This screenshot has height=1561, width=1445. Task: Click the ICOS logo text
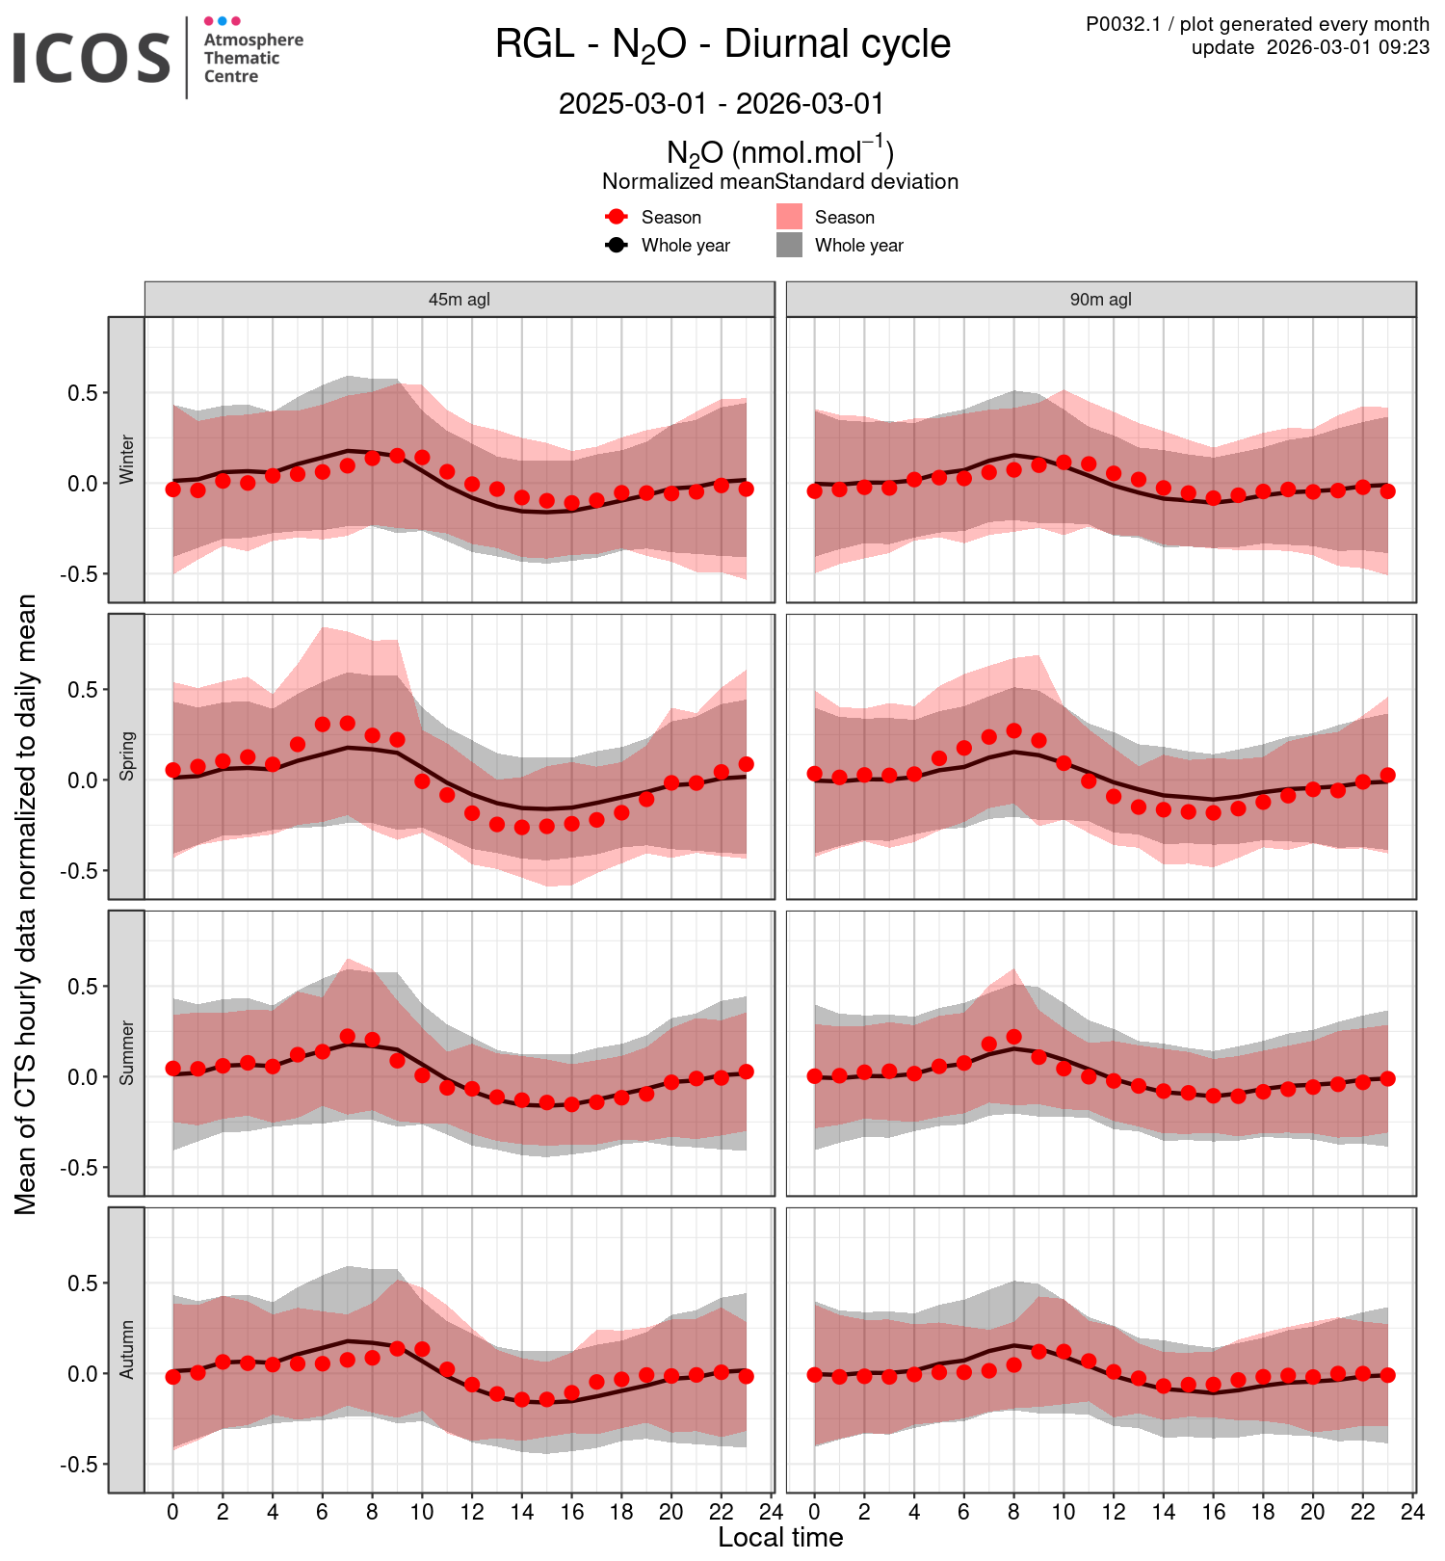click(x=92, y=58)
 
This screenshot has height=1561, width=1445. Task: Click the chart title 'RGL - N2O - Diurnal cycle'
click(x=722, y=44)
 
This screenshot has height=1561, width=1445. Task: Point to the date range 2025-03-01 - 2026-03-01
click(x=722, y=103)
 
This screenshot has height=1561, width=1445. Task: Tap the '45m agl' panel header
click(x=460, y=300)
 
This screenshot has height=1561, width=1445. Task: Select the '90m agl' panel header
click(x=1101, y=300)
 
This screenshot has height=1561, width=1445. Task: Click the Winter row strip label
click(x=127, y=460)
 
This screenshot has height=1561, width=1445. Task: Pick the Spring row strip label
click(x=127, y=756)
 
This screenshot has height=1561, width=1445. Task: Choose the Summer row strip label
click(x=127, y=1053)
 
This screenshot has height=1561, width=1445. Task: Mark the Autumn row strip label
click(x=127, y=1350)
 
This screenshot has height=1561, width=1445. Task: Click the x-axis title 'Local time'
click(x=780, y=1537)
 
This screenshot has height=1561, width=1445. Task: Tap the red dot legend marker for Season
click(x=617, y=217)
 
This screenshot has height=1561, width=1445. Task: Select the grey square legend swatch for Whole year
click(x=790, y=245)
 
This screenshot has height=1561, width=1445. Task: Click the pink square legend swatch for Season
click(x=790, y=217)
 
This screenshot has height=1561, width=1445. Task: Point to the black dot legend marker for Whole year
click(x=617, y=245)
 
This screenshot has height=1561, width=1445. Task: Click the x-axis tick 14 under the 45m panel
click(x=522, y=1512)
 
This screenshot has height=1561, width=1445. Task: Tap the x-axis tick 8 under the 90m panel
click(x=1013, y=1512)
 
